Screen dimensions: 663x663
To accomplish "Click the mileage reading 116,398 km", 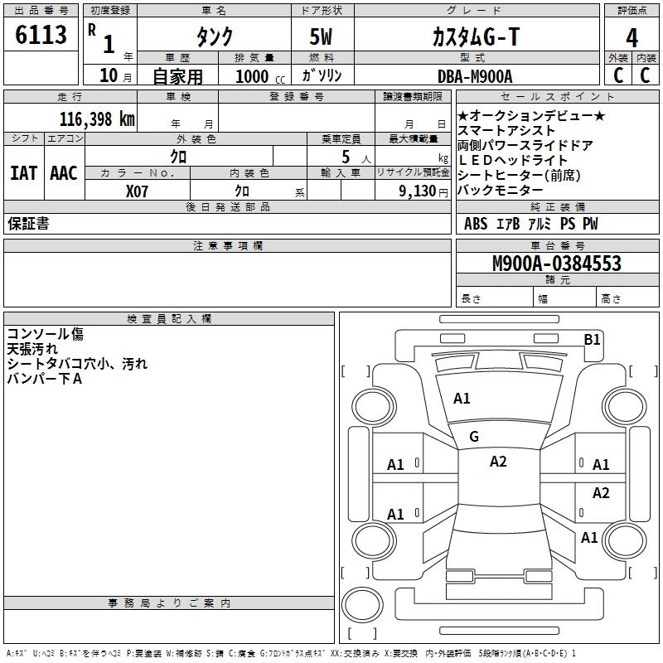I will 97,119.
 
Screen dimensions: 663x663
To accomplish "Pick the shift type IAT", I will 23,172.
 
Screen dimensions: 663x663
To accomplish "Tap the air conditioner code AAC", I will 63,172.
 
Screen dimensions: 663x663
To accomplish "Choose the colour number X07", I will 138,190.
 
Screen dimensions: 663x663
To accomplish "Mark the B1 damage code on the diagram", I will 592,339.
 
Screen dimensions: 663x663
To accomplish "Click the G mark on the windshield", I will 474,437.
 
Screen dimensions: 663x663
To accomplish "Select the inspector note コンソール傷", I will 46,335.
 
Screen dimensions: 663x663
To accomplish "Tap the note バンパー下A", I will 46,380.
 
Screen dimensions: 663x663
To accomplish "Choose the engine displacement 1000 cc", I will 259,76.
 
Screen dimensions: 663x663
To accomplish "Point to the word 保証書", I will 28,224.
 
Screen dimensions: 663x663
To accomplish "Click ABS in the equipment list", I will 476,224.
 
